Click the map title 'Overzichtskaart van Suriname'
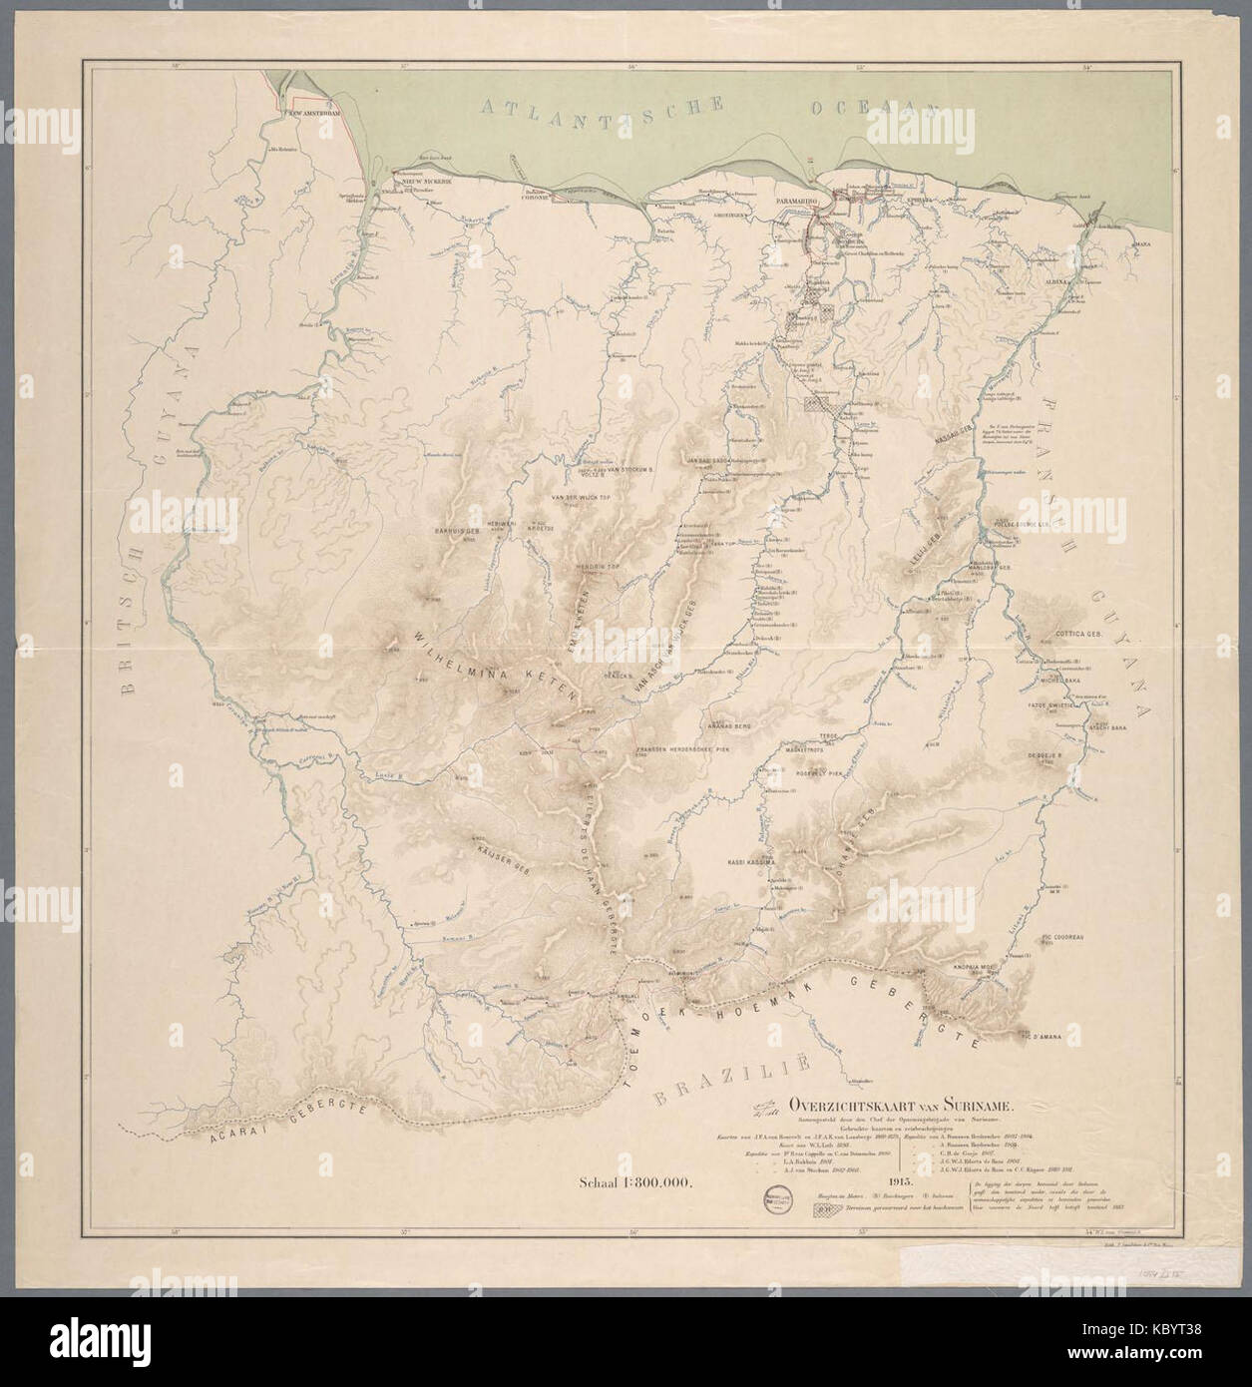coord(901,1105)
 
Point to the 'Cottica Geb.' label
coord(1075,634)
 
